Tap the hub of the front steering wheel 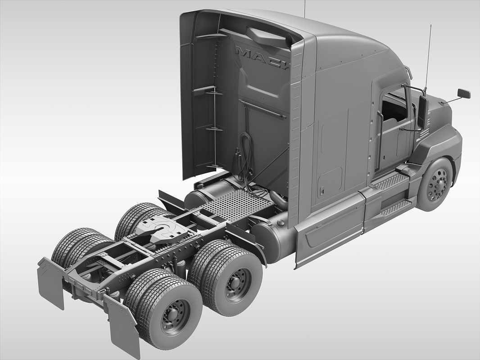tap(436, 184)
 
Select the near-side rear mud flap tap(121, 326)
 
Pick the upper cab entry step tap(391, 181)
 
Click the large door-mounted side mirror tap(422, 112)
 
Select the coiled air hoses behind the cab tap(245, 157)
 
